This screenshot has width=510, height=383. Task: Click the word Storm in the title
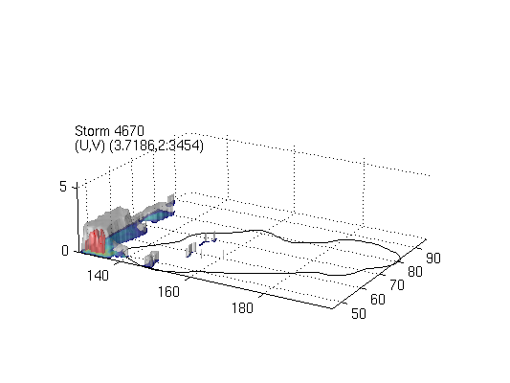point(92,131)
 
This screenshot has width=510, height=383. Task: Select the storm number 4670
point(129,131)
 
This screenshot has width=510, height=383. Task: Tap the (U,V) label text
point(89,146)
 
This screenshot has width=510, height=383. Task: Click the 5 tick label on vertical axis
point(63,187)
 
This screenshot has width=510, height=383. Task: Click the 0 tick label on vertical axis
point(65,251)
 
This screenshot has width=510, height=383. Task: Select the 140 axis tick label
point(98,276)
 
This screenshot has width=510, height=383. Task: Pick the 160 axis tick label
point(168,292)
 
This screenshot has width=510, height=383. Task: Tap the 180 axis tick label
point(242,307)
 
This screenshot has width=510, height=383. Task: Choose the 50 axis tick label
point(359,313)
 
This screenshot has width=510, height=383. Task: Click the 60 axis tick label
point(378,300)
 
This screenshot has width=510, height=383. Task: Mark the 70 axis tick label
point(397,285)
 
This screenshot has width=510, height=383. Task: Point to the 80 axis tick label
point(415,272)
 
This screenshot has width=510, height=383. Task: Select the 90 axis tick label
point(433,258)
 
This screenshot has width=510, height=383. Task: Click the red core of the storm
point(98,241)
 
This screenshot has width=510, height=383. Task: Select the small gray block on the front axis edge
point(151,258)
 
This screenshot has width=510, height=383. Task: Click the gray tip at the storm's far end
point(171,199)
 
